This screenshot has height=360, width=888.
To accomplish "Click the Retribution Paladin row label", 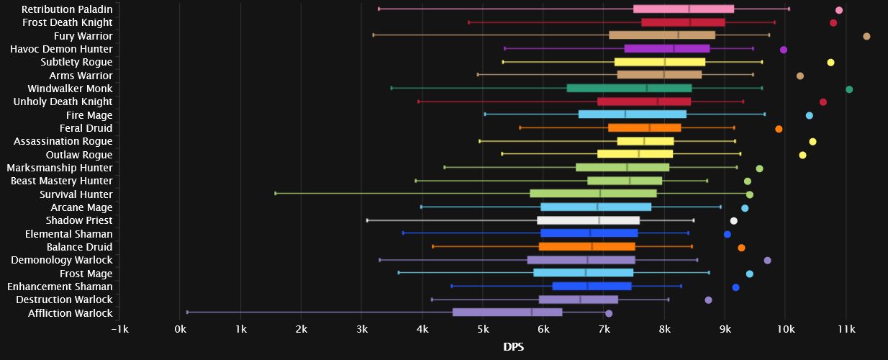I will point(67,9).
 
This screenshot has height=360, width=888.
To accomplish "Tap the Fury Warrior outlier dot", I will point(866,36).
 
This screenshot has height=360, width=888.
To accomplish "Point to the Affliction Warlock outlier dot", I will point(609,313).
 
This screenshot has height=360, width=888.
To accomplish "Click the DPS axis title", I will point(513,347).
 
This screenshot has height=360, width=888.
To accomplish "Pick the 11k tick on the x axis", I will point(846,329).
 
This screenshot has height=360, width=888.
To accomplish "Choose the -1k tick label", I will point(119,329).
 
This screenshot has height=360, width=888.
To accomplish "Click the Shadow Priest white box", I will point(588,220).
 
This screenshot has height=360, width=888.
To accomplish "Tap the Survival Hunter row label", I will point(76,194).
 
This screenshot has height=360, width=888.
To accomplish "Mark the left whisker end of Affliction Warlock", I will point(187,312).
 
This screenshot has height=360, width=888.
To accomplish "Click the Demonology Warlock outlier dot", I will point(767,261).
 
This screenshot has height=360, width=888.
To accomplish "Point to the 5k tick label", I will point(483,329).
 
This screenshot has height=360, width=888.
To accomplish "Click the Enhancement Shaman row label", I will point(60,287).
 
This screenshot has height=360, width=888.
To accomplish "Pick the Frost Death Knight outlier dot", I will point(833,23).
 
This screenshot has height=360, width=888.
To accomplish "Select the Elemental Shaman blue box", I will point(589,233).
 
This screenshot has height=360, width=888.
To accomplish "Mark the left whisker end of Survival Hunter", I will point(276,193).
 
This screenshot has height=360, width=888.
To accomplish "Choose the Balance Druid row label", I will point(79,247).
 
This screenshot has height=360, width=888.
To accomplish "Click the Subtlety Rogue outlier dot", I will point(830,63).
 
